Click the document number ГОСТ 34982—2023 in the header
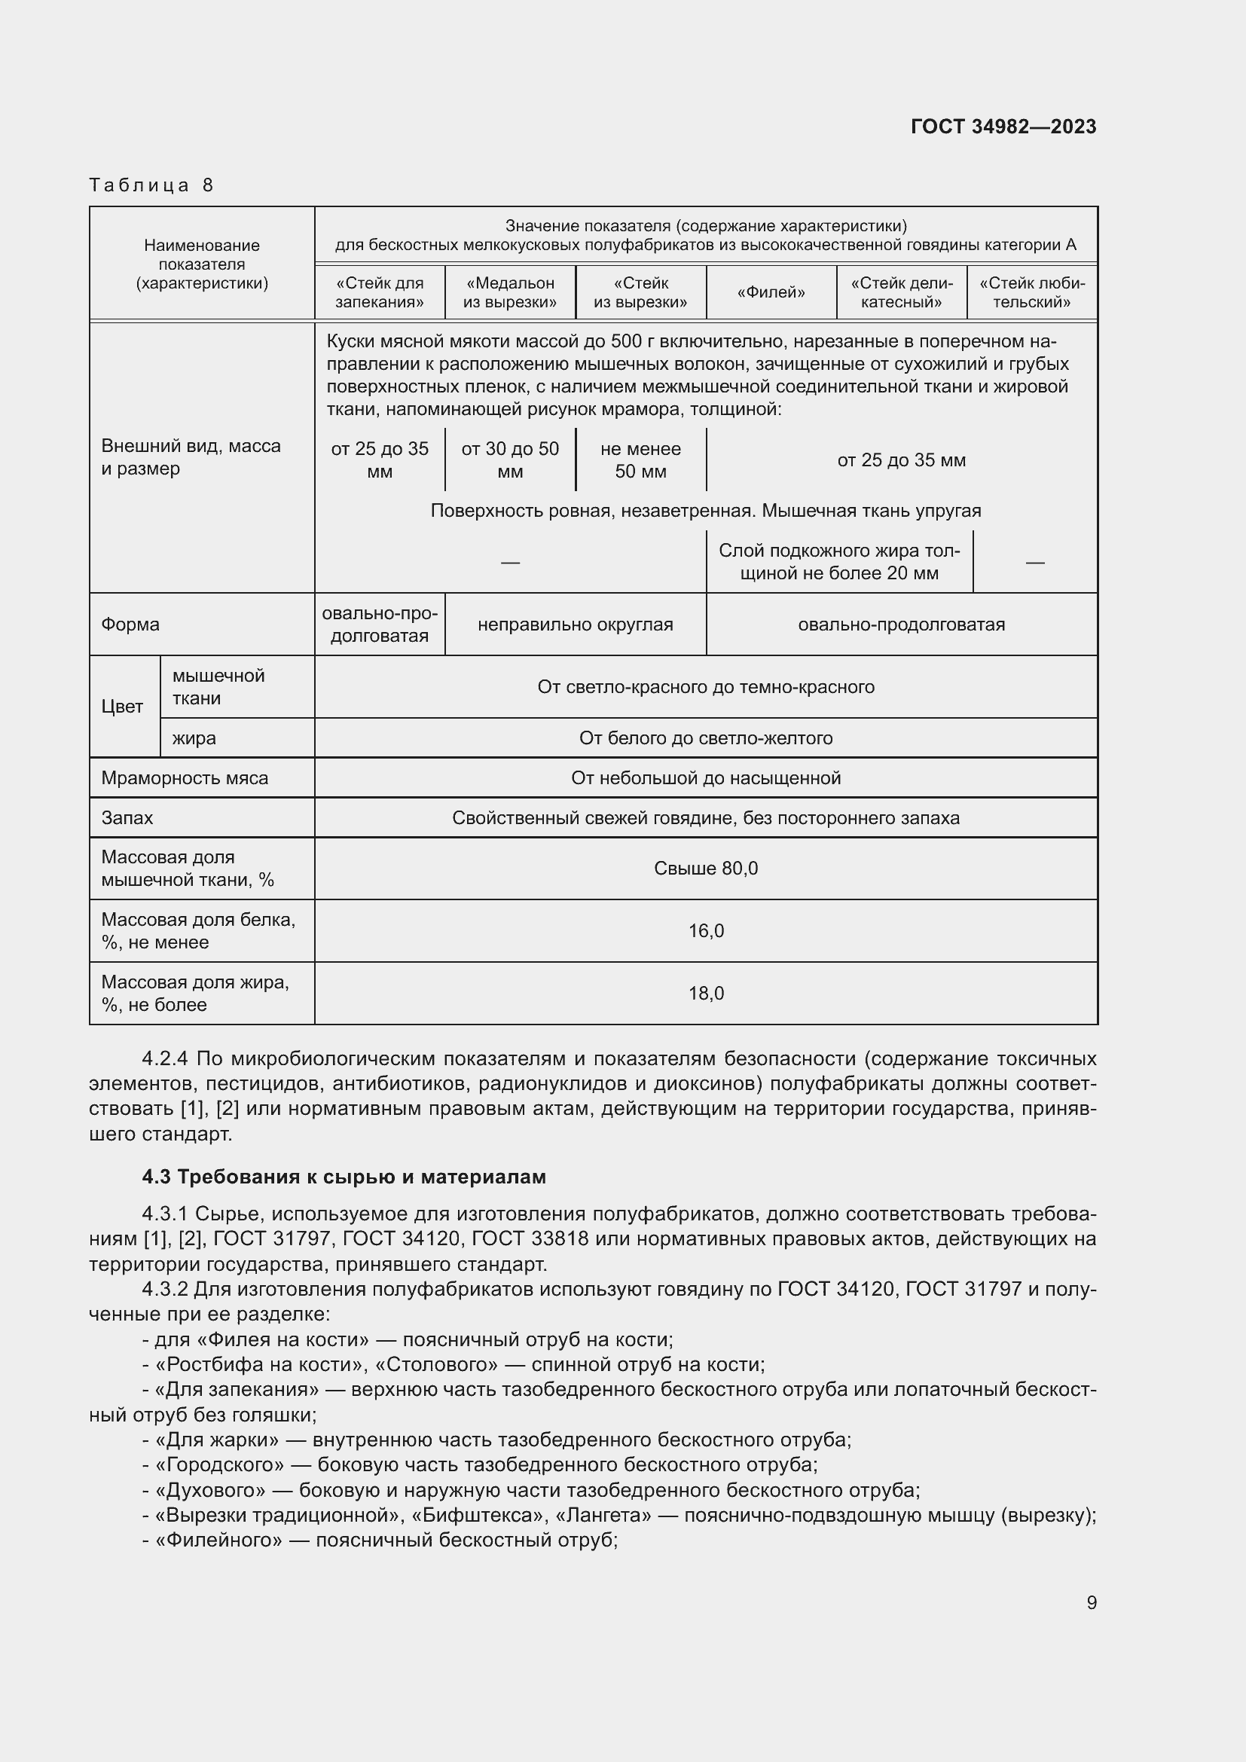[x=1003, y=127]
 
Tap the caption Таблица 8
[x=151, y=185]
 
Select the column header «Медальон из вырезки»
[x=509, y=292]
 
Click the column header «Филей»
[x=771, y=292]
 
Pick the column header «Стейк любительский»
[x=1031, y=292]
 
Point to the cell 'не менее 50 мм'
[x=640, y=460]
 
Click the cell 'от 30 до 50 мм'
[x=509, y=460]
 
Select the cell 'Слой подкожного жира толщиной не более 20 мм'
[x=838, y=562]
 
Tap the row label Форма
[x=130, y=624]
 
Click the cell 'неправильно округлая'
[x=575, y=624]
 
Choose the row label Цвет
[x=122, y=706]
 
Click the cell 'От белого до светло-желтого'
[x=705, y=738]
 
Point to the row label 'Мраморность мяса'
[x=185, y=778]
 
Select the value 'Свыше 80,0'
[x=705, y=868]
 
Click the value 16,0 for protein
[x=705, y=931]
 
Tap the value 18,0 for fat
[x=705, y=993]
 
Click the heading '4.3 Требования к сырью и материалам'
[x=344, y=1177]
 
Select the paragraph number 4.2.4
[x=165, y=1059]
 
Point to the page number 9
[x=1091, y=1602]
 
